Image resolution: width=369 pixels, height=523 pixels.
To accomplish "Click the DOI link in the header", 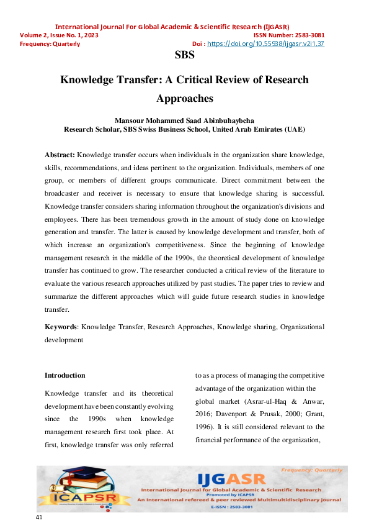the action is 265,44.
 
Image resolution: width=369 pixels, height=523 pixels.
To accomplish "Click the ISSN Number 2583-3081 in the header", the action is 289,35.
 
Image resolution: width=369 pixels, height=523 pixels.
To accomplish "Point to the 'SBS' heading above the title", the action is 185,55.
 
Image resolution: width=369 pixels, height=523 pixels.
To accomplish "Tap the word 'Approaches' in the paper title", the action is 185,98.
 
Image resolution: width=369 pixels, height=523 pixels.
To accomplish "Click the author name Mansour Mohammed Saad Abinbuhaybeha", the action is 185,120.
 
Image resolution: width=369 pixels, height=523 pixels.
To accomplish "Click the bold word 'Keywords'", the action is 61,326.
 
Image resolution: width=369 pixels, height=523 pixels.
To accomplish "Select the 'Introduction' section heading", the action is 65,375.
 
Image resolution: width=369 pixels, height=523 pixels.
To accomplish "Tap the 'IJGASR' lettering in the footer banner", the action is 231,479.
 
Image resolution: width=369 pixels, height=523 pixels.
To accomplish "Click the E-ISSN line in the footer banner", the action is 239,507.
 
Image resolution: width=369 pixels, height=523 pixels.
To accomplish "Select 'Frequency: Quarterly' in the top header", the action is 50,44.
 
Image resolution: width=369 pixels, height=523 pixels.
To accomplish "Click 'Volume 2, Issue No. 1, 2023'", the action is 59,35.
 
